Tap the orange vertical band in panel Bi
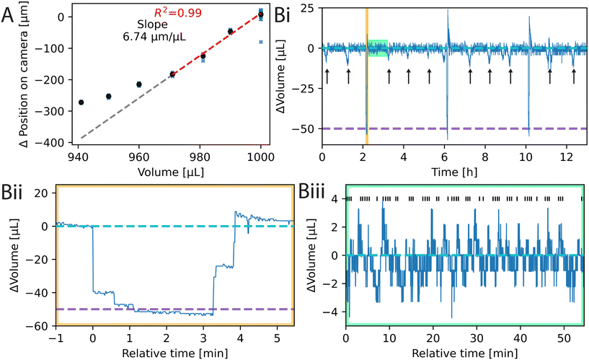click(367, 72)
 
